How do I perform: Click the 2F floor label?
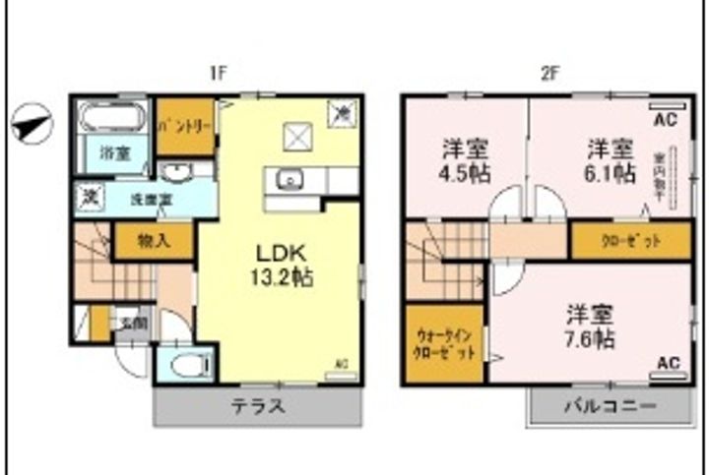pyautogui.click(x=549, y=74)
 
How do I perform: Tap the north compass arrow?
pyautogui.click(x=32, y=124)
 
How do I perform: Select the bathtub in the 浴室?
pyautogui.click(x=112, y=120)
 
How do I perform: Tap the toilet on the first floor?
pyautogui.click(x=188, y=366)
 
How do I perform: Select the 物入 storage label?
pyautogui.click(x=153, y=238)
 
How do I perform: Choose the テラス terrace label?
pyautogui.click(x=258, y=406)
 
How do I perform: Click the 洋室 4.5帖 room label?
pyautogui.click(x=464, y=161)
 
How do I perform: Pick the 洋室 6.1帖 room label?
pyautogui.click(x=610, y=161)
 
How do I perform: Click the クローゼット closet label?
pyautogui.click(x=630, y=240)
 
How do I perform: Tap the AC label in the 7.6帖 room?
pyautogui.click(x=667, y=364)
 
